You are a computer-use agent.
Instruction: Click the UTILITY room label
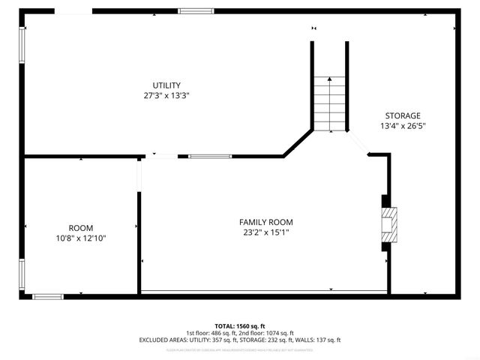tap(166, 85)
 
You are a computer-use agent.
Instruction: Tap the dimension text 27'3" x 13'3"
tap(166, 96)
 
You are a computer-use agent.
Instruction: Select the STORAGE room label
tap(403, 115)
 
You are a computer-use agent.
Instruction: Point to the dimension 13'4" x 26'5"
tap(403, 126)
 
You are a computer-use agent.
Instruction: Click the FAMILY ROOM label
tap(265, 222)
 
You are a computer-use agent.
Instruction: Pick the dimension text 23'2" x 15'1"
tap(265, 232)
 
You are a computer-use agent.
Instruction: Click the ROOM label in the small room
tap(81, 228)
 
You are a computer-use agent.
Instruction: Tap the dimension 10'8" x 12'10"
tap(81, 238)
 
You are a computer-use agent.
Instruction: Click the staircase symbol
tap(330, 103)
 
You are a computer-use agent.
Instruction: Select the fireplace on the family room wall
tap(388, 223)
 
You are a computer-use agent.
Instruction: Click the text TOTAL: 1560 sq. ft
tap(240, 326)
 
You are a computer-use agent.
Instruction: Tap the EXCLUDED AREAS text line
tap(240, 340)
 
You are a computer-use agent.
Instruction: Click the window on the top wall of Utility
tap(196, 11)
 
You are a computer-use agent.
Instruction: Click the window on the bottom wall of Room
tap(48, 296)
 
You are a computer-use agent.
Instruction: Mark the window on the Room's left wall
tap(22, 275)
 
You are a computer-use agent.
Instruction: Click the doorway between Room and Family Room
tap(139, 174)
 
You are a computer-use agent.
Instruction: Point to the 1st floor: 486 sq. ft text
tap(212, 333)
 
